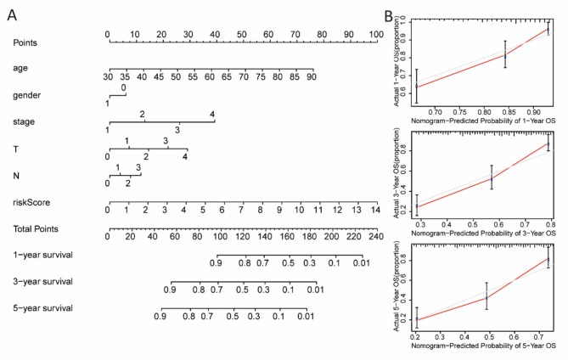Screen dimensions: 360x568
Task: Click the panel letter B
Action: tap(387, 14)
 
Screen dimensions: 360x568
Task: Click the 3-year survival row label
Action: tap(42, 280)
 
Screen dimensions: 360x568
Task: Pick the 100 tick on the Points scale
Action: tap(374, 35)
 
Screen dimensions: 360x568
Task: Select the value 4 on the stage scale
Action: tap(213, 115)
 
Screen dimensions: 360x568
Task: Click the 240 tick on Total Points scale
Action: tap(374, 235)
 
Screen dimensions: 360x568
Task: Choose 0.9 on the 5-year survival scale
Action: tap(160, 316)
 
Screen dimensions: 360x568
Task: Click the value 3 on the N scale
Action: tap(138, 168)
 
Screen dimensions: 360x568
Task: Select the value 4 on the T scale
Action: tap(185, 157)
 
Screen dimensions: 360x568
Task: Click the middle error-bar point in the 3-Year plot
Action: tap(492, 177)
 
